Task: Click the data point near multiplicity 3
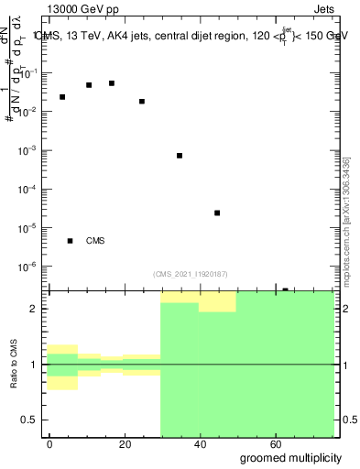pyautogui.click(x=62, y=97)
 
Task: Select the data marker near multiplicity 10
pyautogui.click(x=89, y=85)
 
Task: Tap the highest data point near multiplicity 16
pyautogui.click(x=112, y=83)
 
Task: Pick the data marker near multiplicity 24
pyautogui.click(x=142, y=102)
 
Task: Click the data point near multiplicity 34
pyautogui.click(x=180, y=156)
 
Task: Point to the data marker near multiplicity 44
pyautogui.click(x=217, y=213)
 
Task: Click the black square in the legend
pyautogui.click(x=70, y=241)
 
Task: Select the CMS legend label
pyautogui.click(x=95, y=241)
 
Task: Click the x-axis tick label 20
pyautogui.click(x=125, y=443)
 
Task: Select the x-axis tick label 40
pyautogui.click(x=200, y=443)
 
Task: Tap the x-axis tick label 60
pyautogui.click(x=275, y=443)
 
